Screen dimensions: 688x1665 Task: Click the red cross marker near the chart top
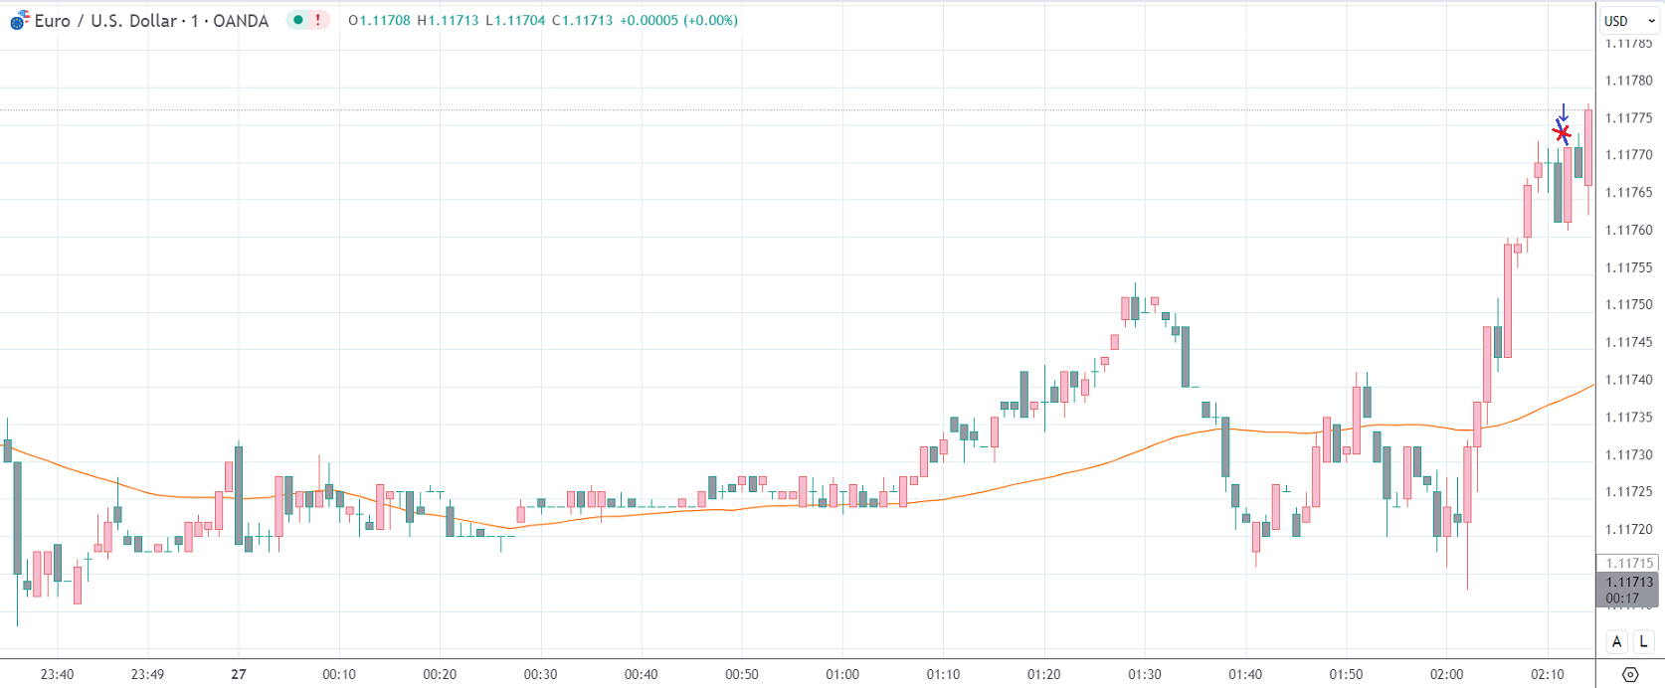(1562, 132)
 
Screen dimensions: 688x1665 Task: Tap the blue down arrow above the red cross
(1564, 112)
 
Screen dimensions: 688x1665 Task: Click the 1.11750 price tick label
(1628, 305)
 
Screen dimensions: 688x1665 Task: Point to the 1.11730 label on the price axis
(1628, 454)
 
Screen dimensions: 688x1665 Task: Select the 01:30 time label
(1144, 674)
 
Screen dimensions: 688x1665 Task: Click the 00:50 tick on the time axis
(741, 674)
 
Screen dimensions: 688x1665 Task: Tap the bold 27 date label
(239, 674)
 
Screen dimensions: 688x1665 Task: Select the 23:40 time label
(57, 674)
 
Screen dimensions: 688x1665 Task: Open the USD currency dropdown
(1628, 21)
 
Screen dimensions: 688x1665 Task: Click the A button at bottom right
(1616, 641)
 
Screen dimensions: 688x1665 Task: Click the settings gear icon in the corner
(1629, 674)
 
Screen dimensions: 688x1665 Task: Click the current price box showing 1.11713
(1628, 583)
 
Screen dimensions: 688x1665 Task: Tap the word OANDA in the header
(241, 21)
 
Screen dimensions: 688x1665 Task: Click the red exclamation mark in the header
(318, 20)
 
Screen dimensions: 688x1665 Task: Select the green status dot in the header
(297, 20)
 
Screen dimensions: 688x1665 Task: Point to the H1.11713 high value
(448, 20)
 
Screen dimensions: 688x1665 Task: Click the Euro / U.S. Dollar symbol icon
(19, 20)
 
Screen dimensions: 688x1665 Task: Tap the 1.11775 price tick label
(1628, 118)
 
